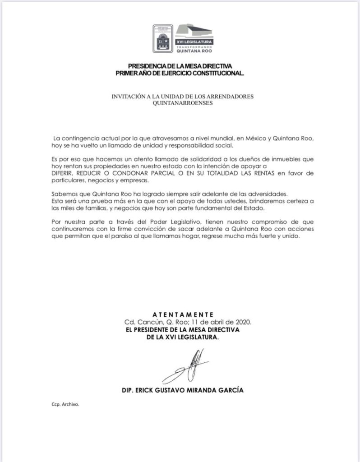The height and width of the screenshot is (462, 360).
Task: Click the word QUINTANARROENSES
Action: click(x=180, y=103)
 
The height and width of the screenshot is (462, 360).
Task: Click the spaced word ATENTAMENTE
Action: click(x=183, y=314)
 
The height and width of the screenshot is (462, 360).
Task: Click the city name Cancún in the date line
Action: click(x=148, y=322)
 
